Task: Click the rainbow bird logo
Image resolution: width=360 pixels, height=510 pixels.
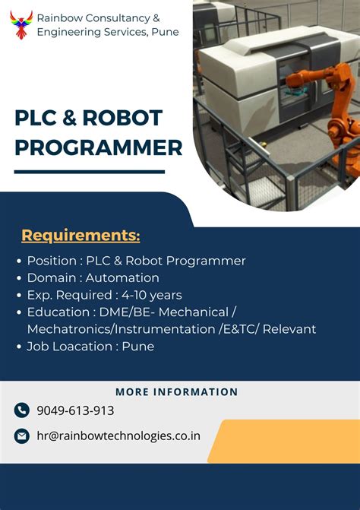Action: [21, 24]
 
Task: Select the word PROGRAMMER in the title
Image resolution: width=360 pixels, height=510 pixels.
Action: [99, 147]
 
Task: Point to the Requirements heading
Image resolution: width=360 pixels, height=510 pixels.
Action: [81, 236]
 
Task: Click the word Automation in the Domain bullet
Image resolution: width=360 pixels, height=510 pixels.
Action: [122, 278]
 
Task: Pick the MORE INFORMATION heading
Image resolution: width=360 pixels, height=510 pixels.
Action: [177, 392]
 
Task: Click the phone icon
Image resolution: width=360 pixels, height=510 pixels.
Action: [21, 410]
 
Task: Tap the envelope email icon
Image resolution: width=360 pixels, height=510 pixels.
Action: [21, 436]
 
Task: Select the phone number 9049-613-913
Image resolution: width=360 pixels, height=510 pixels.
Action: [75, 410]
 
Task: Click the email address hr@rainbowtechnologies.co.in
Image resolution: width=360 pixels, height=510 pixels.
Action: [118, 436]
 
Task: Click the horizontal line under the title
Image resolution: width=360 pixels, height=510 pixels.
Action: [89, 173]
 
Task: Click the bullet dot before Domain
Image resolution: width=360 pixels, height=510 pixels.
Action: [18, 278]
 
